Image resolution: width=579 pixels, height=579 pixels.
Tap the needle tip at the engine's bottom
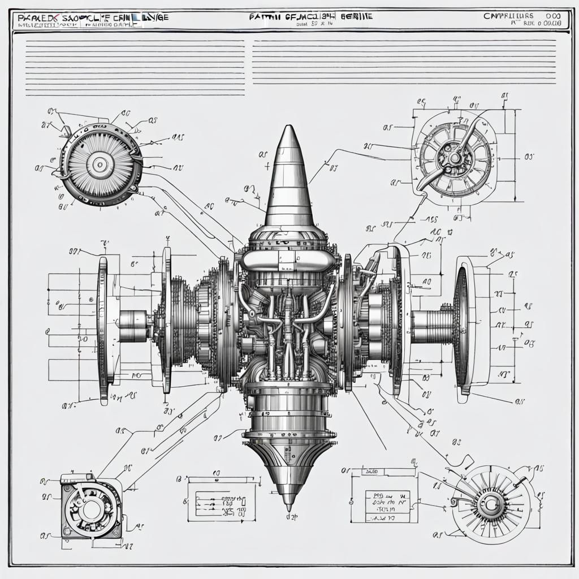[289, 505]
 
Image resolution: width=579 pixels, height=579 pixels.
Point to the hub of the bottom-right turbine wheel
[487, 502]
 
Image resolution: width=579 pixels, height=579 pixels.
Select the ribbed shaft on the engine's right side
[433, 327]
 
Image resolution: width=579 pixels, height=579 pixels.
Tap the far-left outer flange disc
[103, 330]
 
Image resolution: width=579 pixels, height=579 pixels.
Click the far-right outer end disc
[462, 328]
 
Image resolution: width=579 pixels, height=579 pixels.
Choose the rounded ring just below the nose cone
[289, 261]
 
